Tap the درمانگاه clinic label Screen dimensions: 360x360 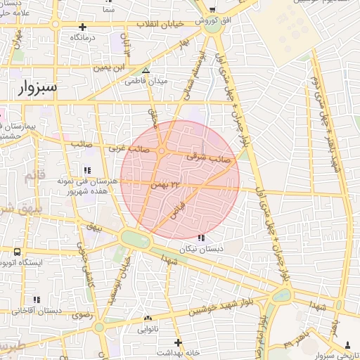82,37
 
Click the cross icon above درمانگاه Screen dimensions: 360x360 82,27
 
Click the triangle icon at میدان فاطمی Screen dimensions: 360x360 146,71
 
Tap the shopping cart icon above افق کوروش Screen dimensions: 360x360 212,11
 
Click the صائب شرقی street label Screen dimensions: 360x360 209,159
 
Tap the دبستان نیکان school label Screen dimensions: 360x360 202,249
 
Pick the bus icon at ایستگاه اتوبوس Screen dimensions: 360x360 17,252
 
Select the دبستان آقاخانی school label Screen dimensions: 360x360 32,309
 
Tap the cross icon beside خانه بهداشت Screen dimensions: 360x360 179,342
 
